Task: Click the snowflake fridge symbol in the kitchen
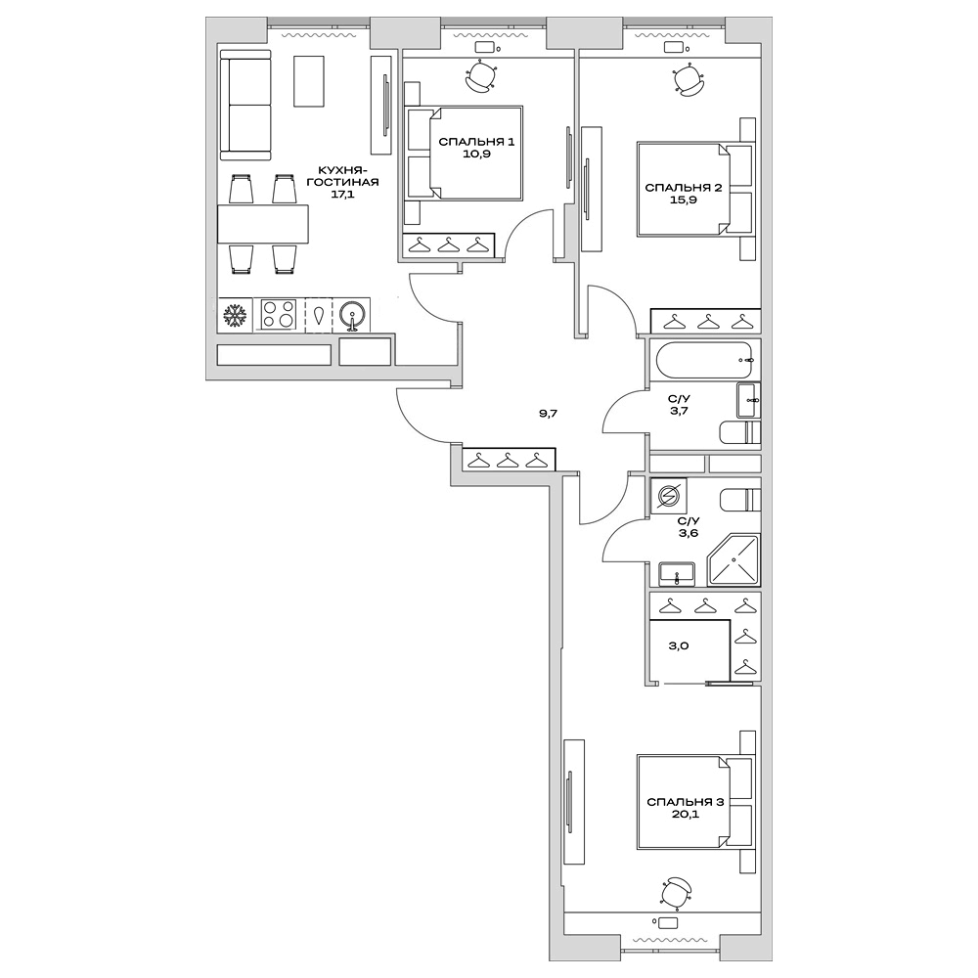click(x=234, y=315)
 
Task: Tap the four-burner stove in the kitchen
click(x=279, y=315)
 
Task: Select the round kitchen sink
click(x=353, y=315)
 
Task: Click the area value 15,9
click(x=683, y=202)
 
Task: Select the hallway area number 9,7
click(x=548, y=414)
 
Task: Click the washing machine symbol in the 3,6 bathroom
click(x=670, y=498)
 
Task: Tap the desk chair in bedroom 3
click(x=675, y=892)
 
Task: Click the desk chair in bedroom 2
click(x=690, y=79)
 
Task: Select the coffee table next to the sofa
click(x=309, y=81)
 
